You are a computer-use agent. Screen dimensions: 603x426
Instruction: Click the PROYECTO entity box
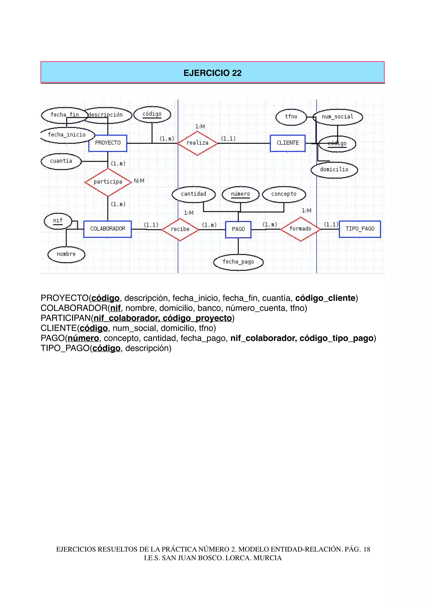click(108, 143)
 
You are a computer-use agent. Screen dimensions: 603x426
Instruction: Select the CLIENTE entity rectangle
click(288, 143)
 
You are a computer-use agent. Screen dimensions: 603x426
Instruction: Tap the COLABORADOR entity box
click(108, 229)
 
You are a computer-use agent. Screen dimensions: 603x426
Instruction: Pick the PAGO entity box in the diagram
click(238, 229)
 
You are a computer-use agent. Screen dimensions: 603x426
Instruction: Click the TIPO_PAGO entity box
click(360, 229)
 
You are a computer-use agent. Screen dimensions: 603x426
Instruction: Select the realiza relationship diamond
click(198, 143)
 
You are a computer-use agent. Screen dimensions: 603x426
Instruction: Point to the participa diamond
click(108, 182)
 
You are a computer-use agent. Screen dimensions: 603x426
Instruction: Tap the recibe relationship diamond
click(180, 229)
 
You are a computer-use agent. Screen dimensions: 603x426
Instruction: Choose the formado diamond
click(300, 229)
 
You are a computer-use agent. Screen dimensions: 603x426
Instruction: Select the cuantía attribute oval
click(61, 161)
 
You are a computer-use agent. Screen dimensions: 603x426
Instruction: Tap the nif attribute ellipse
click(58, 221)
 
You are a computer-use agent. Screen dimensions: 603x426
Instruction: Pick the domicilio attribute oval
click(334, 169)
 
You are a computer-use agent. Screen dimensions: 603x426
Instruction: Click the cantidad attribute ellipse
click(194, 194)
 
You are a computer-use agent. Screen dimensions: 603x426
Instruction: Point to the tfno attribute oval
click(291, 117)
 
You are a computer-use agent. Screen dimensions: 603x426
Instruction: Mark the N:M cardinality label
click(139, 181)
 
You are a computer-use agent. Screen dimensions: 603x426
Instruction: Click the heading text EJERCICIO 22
click(212, 73)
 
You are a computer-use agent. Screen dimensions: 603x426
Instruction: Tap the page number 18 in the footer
click(367, 549)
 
